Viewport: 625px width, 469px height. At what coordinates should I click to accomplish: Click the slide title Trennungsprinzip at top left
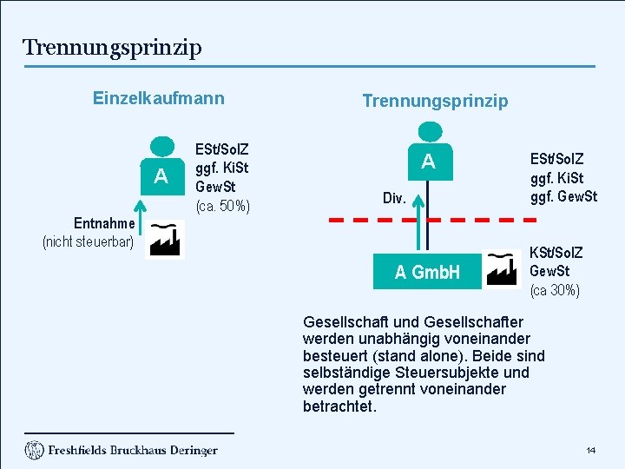[112, 47]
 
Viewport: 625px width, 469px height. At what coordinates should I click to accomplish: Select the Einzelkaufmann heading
[158, 98]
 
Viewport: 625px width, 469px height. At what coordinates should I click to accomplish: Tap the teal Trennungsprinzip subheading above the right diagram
[435, 101]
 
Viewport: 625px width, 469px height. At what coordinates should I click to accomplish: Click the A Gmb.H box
[427, 273]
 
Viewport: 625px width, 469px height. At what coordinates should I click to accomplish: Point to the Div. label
[394, 198]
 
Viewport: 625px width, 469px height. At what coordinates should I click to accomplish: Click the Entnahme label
[103, 223]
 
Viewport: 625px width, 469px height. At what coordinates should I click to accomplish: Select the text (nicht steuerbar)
[88, 241]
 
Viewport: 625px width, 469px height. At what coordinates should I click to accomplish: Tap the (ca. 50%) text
[223, 206]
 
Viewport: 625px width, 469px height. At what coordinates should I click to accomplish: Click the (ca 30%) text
[555, 290]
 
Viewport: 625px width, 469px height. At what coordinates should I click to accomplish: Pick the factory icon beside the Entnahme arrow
[165, 239]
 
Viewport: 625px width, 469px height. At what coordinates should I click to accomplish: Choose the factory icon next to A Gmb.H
[503, 268]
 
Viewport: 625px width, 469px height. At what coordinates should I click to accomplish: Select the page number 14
[590, 450]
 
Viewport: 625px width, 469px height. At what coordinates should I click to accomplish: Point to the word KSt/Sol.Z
[556, 253]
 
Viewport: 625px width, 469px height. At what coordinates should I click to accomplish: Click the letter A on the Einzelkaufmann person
[161, 177]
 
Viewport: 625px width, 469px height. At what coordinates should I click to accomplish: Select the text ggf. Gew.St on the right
[564, 197]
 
